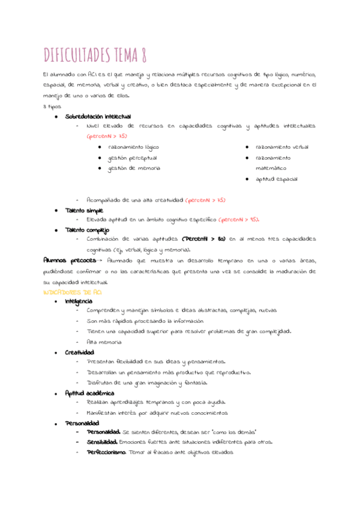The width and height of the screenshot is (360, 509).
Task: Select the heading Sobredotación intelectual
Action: pyautogui.click(x=98, y=116)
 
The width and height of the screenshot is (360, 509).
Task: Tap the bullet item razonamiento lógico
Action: pyautogui.click(x=133, y=147)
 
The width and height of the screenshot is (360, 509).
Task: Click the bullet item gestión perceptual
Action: pyautogui.click(x=132, y=158)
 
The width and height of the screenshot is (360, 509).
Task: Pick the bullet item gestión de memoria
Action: pyautogui.click(x=134, y=169)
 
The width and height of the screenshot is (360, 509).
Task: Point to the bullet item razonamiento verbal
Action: pyautogui.click(x=282, y=147)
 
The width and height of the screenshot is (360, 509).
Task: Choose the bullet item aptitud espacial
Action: pyautogui.click(x=276, y=179)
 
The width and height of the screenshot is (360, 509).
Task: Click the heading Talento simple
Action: pyautogui.click(x=84, y=211)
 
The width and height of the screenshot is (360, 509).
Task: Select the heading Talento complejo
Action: pyautogui.click(x=87, y=230)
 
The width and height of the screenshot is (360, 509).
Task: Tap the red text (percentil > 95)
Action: pyautogui.click(x=239, y=220)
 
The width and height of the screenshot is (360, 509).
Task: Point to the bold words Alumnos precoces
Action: pyautogui.click(x=69, y=261)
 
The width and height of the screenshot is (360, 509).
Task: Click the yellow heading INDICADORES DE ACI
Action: pyautogui.click(x=72, y=291)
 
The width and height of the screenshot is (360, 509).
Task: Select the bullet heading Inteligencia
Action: pyautogui.click(x=79, y=301)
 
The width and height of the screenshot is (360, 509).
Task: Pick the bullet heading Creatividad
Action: pyautogui.click(x=79, y=352)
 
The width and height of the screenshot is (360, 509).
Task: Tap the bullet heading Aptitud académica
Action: pyautogui.click(x=90, y=393)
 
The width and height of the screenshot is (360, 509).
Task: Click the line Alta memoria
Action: pyautogui.click(x=104, y=342)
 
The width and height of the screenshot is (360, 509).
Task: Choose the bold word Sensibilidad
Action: pyautogui.click(x=101, y=442)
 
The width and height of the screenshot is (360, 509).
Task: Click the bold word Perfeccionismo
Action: pyautogui.click(x=106, y=452)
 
